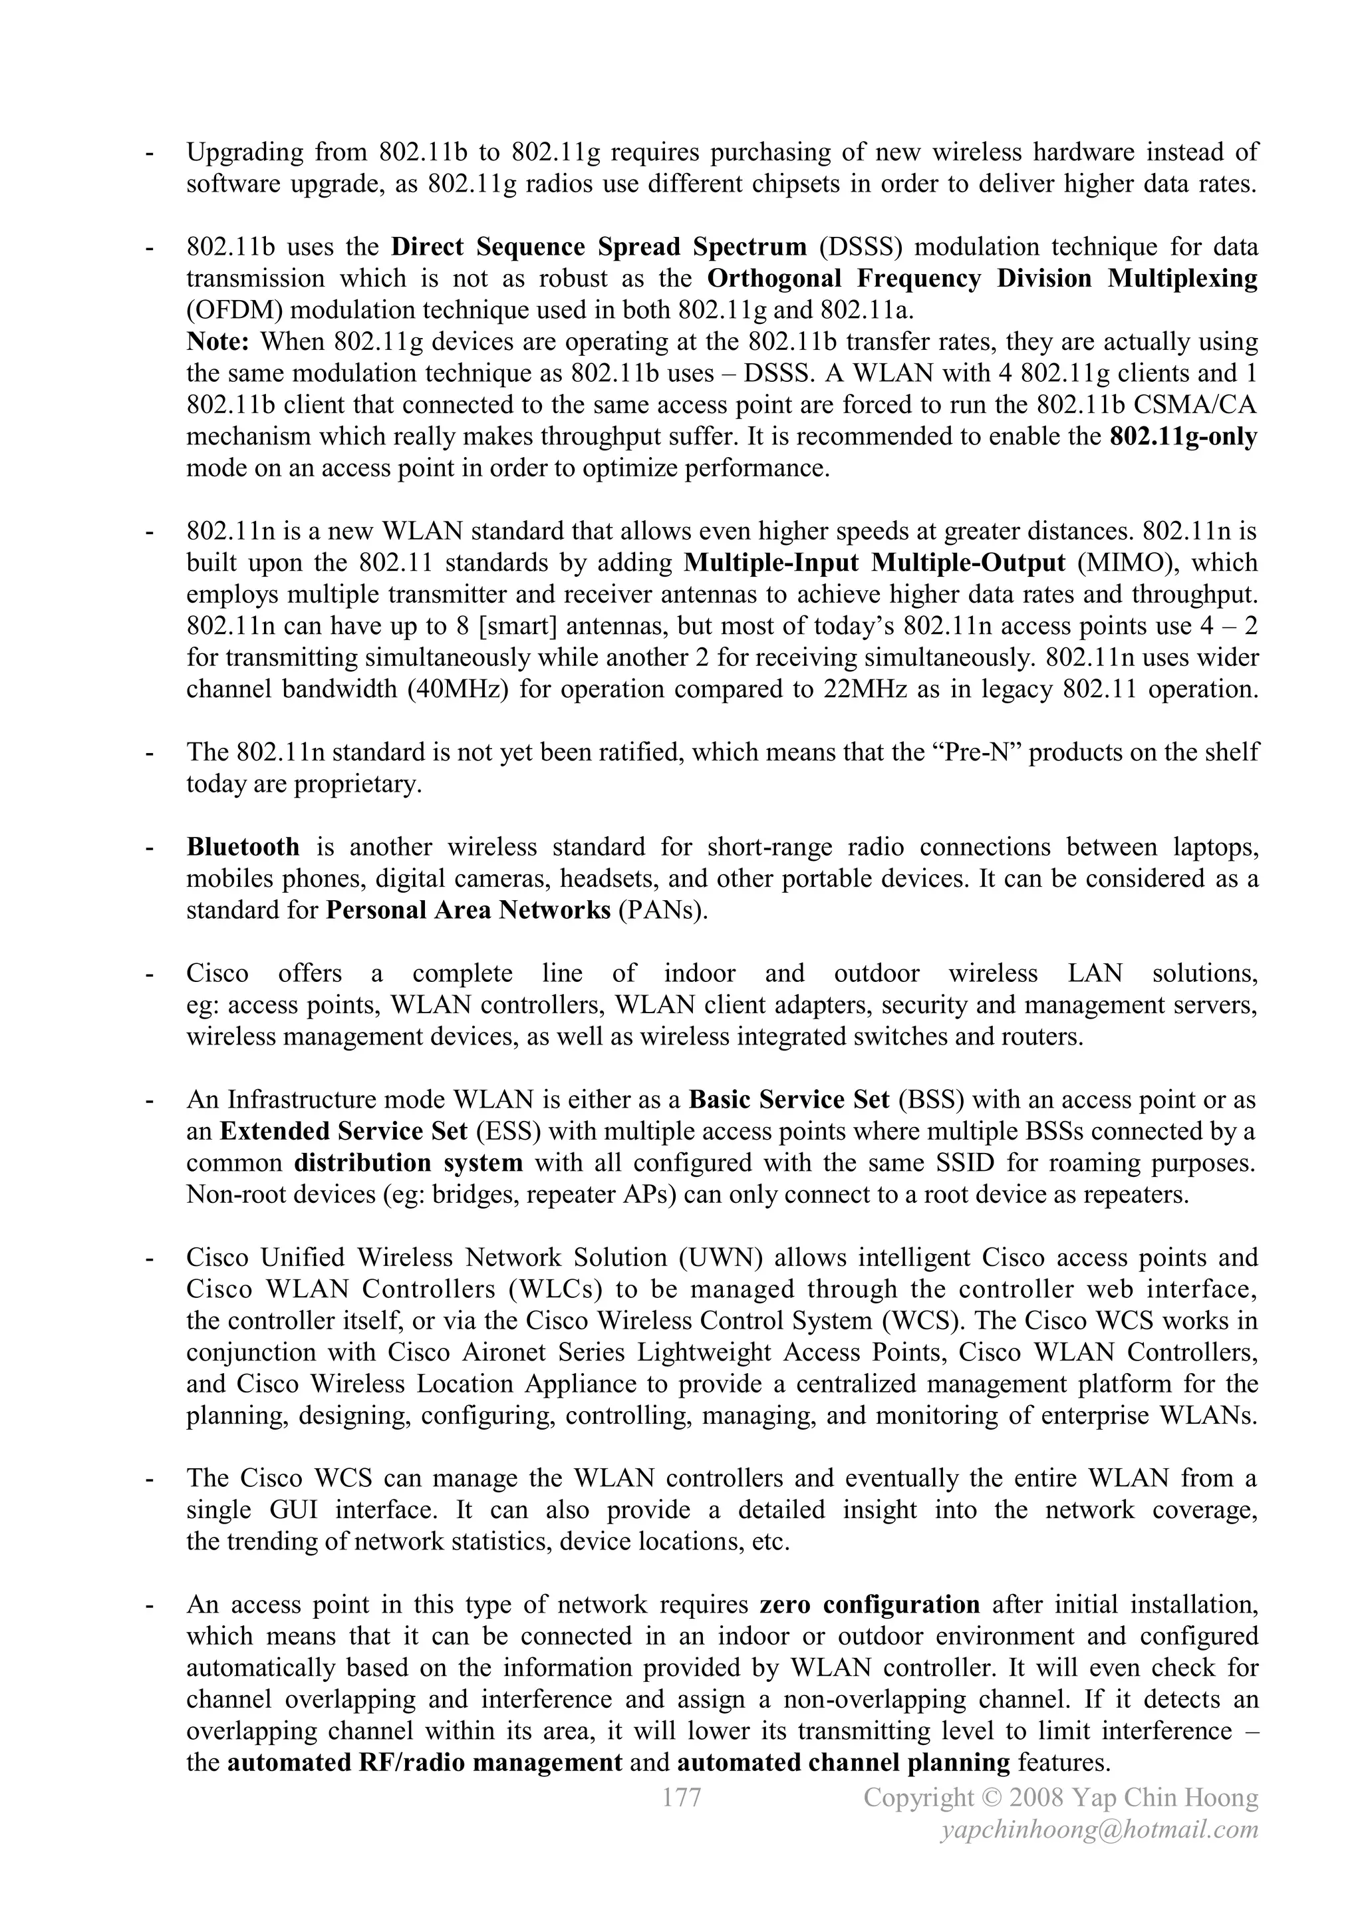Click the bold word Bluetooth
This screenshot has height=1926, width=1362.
coord(242,846)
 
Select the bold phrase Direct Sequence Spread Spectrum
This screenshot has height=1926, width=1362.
coord(599,247)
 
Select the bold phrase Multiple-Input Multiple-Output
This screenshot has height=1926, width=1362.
coord(875,562)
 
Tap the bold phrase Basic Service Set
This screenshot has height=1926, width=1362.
coord(788,1099)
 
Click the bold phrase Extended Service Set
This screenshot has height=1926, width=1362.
coord(343,1131)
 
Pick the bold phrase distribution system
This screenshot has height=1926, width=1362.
coord(408,1163)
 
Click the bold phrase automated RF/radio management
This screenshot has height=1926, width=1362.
coord(424,1762)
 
